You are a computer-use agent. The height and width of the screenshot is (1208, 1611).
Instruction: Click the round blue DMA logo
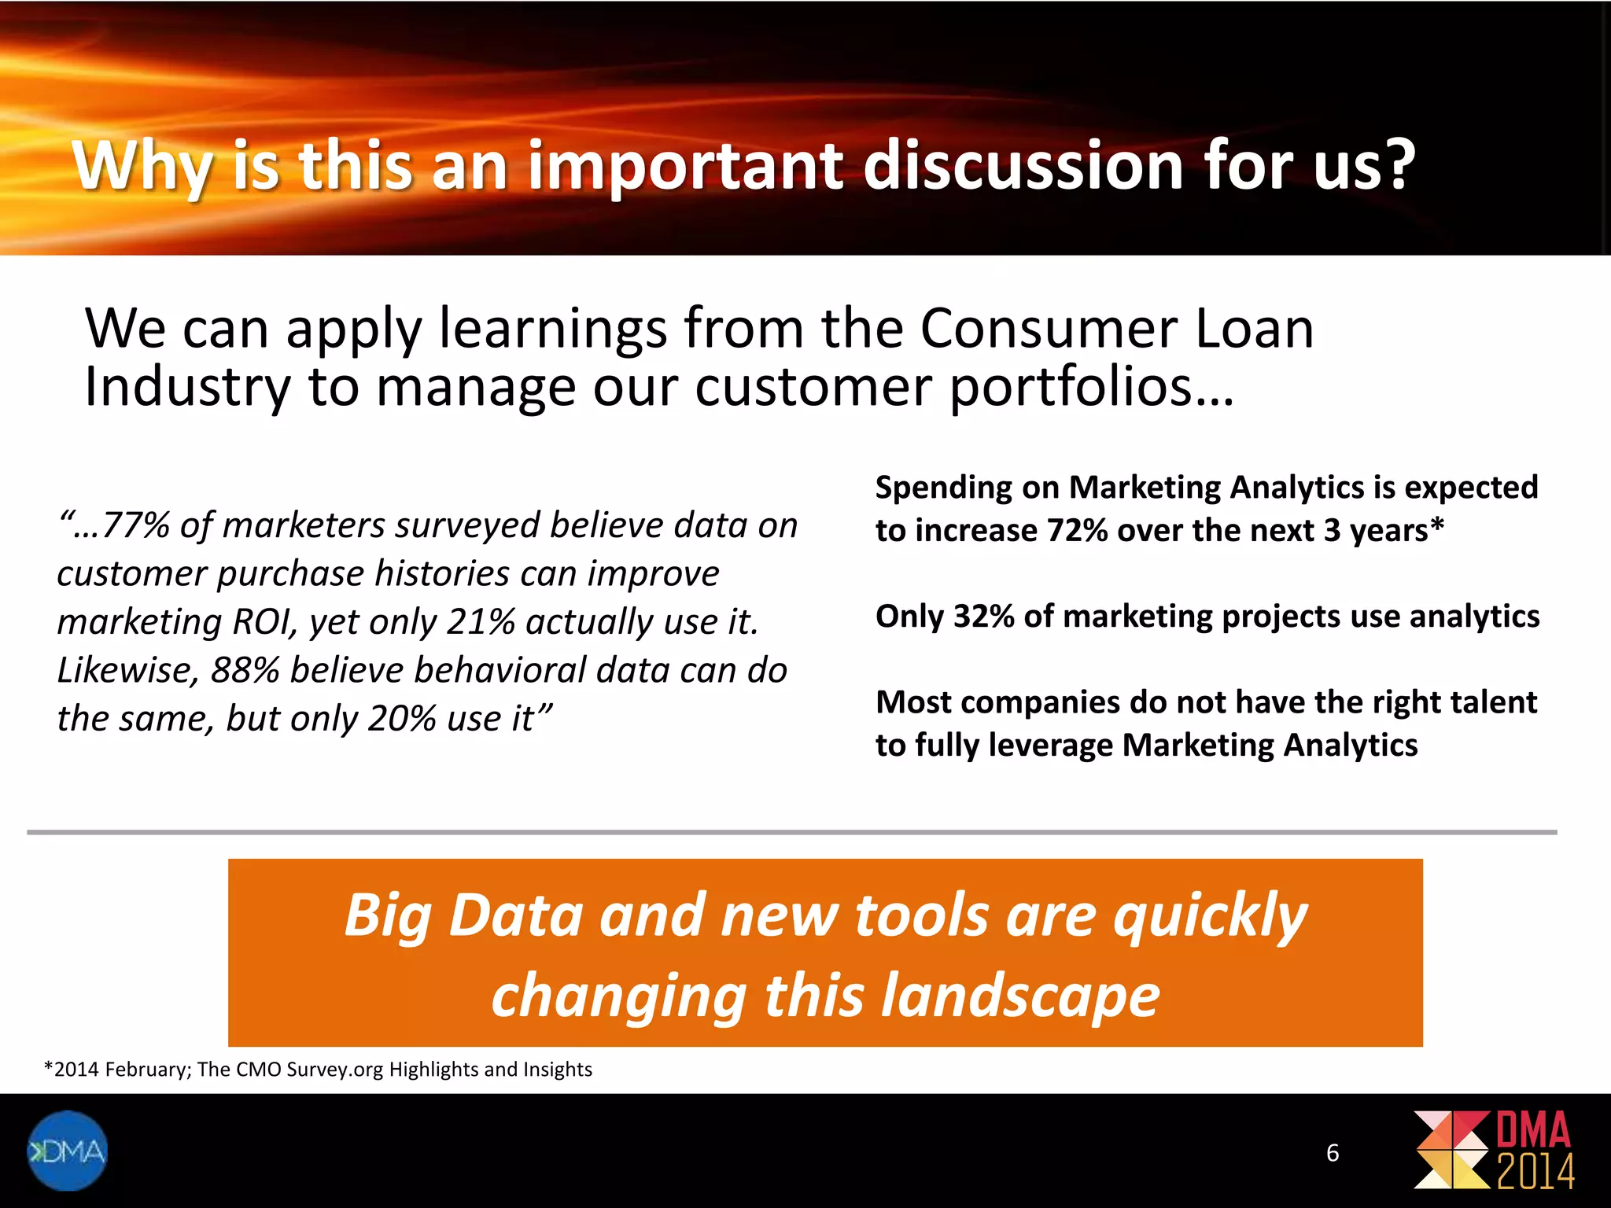point(67,1151)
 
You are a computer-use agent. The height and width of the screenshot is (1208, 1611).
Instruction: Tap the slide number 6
point(1333,1153)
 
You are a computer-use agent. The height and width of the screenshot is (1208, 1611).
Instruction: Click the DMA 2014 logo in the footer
point(1494,1150)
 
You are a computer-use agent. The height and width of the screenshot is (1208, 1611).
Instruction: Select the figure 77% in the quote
point(135,525)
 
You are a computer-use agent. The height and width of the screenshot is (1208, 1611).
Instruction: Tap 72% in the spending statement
point(1077,531)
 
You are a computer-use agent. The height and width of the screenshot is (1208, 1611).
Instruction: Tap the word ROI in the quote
point(264,622)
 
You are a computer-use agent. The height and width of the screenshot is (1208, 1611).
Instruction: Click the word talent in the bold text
point(1493,702)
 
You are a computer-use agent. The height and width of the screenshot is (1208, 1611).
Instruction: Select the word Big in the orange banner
point(388,915)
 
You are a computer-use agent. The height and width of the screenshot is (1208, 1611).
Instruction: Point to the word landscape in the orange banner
point(1019,996)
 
